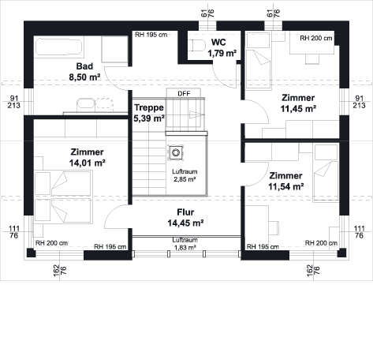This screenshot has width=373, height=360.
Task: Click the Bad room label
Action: coord(84,66)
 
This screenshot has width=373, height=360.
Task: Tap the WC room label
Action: coord(218,43)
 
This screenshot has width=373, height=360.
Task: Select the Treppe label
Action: coord(149,107)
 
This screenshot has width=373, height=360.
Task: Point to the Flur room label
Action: coord(185,212)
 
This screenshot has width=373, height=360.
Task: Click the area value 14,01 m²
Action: coord(88,163)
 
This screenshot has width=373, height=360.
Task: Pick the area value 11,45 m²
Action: coord(298,109)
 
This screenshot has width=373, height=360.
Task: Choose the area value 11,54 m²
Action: coord(286,186)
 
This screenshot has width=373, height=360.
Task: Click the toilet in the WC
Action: coord(198,45)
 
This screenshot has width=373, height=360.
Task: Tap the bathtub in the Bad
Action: coord(59,47)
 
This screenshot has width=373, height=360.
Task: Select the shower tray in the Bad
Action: coord(114,49)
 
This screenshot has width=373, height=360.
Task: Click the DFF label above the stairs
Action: coord(184,94)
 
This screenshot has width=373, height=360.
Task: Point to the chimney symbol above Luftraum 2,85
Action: coord(176,152)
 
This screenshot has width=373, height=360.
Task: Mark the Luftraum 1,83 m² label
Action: coord(185,244)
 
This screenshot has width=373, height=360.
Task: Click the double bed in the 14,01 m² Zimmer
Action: coord(63,197)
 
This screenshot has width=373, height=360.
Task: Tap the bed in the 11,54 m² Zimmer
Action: coord(326,173)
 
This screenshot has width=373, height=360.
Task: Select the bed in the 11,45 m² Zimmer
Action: coord(258,61)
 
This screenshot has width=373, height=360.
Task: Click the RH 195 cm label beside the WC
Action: coord(151,35)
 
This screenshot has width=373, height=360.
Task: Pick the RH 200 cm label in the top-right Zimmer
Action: coord(316,39)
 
